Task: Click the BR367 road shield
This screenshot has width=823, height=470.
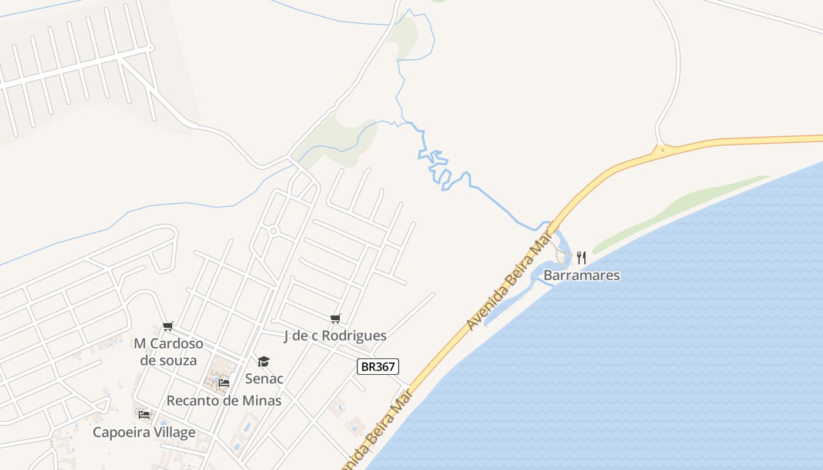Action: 378,367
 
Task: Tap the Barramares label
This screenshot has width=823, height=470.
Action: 581,275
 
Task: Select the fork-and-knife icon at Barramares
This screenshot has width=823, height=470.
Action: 581,257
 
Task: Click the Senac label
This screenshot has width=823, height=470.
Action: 264,378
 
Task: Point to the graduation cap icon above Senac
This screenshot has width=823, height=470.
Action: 263,361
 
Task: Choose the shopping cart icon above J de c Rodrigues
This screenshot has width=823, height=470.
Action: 335,318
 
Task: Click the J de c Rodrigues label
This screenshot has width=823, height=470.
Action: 335,335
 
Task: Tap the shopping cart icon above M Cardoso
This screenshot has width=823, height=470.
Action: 168,326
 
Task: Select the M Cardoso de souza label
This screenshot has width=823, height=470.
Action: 168,351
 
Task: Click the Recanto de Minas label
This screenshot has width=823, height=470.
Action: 224,401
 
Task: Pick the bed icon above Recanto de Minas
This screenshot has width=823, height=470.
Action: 223,383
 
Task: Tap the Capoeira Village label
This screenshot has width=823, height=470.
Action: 144,432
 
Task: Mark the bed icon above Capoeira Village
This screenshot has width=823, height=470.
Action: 144,415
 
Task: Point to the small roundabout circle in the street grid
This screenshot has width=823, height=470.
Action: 273,231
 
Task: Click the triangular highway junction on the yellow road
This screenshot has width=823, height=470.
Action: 661,149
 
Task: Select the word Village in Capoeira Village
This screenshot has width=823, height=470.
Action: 172,432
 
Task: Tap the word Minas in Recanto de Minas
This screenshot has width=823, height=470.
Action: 263,401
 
